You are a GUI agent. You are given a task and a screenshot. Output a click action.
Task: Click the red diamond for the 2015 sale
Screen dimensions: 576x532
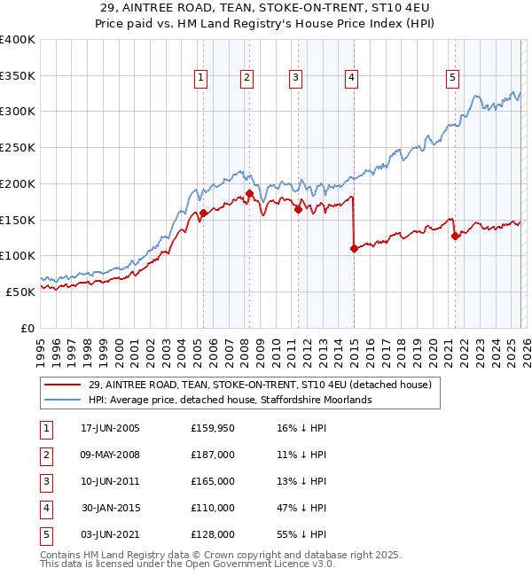(354, 249)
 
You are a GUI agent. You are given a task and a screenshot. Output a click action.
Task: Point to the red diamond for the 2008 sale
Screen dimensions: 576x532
(249, 193)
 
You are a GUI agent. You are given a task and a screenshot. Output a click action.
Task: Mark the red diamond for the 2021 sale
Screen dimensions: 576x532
(456, 236)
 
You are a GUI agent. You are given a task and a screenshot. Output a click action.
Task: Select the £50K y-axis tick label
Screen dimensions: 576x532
(20, 292)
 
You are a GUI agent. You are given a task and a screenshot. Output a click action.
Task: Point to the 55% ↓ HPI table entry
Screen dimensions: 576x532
(301, 534)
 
